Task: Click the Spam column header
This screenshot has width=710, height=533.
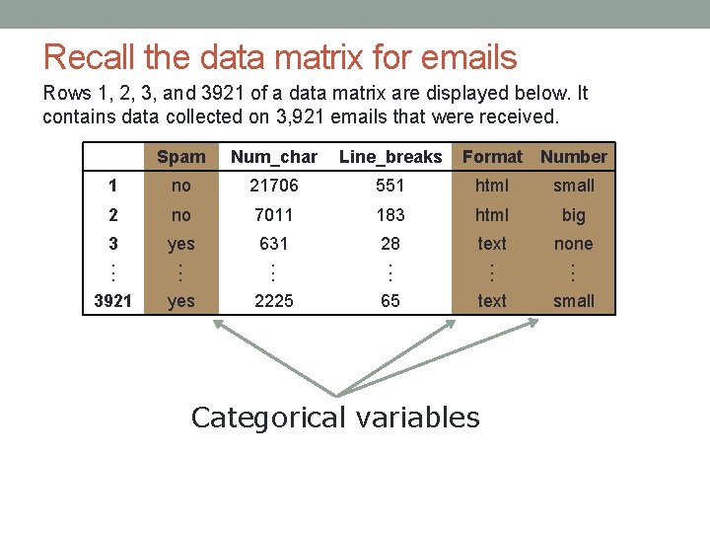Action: point(181,157)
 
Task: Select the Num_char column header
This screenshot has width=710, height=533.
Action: point(274,157)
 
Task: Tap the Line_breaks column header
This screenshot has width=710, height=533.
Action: point(390,157)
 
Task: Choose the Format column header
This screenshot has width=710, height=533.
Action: point(492,157)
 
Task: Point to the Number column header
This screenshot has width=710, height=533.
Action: point(574,157)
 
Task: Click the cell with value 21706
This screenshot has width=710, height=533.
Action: point(274,186)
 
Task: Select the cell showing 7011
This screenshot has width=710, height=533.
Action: point(274,214)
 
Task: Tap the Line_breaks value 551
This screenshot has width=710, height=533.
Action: point(390,186)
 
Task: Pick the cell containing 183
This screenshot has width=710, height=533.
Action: point(390,214)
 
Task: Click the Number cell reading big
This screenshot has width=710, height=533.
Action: point(574,214)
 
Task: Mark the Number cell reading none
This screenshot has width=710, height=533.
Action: point(574,244)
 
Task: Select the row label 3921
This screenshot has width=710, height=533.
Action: point(112,301)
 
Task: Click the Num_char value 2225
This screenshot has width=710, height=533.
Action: point(274,301)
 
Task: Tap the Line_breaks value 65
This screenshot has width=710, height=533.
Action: point(390,301)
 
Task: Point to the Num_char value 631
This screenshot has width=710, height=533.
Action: point(274,244)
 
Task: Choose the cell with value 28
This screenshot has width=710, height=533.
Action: point(390,244)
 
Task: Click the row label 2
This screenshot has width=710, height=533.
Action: point(112,214)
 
